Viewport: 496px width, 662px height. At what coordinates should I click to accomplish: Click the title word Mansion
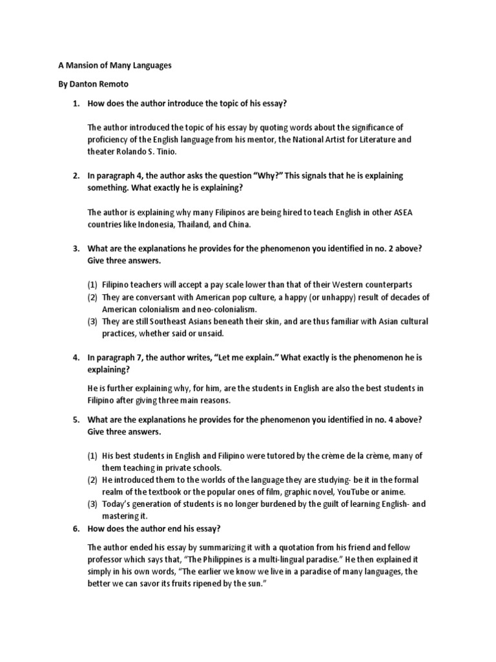click(76, 66)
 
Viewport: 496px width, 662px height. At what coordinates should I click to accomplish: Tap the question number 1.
click(75, 103)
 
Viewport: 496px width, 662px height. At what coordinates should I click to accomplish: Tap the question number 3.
click(75, 249)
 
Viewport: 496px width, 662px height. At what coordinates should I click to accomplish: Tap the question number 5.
click(75, 420)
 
